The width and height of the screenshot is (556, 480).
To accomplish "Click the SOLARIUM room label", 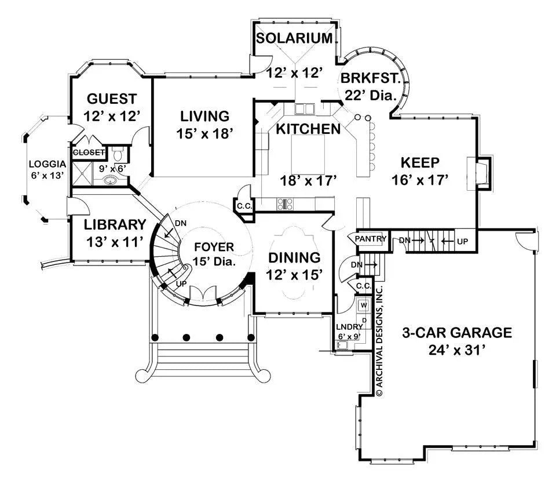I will coord(295,39).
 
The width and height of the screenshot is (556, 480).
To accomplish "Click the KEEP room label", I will coord(420,162).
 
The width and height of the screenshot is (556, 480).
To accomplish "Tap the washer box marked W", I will coord(364,305).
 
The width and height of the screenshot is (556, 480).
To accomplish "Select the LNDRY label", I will coord(349,326).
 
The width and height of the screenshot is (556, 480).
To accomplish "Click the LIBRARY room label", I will coord(114,224).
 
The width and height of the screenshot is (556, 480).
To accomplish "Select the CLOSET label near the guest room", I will coord(89,152).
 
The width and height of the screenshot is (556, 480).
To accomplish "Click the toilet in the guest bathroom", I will coord(117,154).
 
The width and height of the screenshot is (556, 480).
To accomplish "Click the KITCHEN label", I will coord(308,129).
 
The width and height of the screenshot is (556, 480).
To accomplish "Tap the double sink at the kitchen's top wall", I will coord(303,108).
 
